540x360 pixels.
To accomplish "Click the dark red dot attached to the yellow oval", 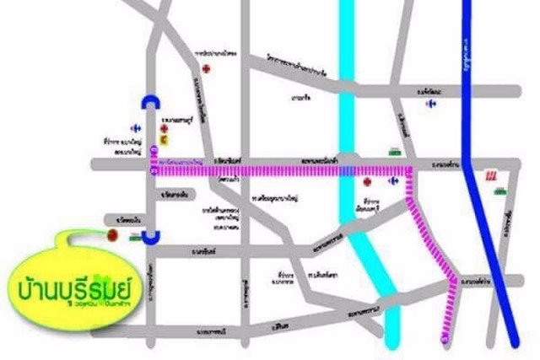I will (x=110, y=239).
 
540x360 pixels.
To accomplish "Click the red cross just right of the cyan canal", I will (x=366, y=181).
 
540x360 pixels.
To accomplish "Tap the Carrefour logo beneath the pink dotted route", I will (x=392, y=180).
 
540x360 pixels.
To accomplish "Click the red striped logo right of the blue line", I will (x=490, y=176).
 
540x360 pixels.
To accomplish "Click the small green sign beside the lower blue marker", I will (x=133, y=239).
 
